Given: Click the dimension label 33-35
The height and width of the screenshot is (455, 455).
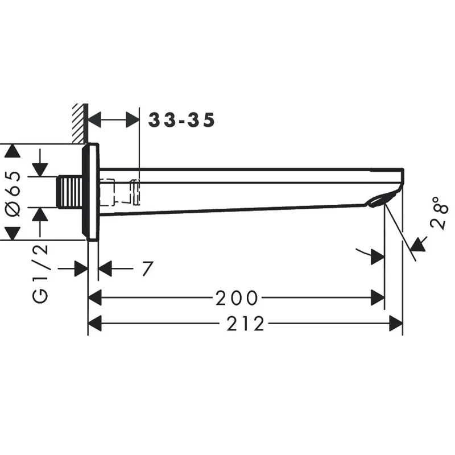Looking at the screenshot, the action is pos(181,120).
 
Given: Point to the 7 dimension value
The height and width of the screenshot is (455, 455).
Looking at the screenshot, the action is pos(147,268).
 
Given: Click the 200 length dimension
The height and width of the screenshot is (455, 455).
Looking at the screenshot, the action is pos(237,297).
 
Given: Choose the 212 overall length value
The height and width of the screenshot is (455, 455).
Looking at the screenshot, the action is pos(246,323).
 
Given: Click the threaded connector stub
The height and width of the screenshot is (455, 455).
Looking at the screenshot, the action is pos(70,192).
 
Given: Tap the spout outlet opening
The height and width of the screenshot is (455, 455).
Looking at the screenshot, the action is pos(382,200).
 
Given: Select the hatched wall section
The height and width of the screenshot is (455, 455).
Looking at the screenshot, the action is pos(80,123).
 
